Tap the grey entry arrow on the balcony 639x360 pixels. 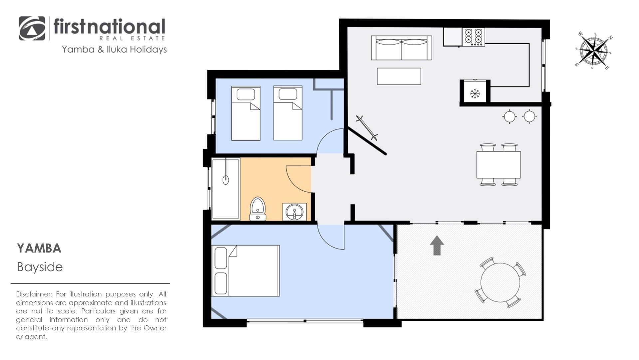pos(437,246)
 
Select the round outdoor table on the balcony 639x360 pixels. pos(500,282)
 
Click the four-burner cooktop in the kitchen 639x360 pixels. pos(473,37)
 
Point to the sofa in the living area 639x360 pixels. pos(401,48)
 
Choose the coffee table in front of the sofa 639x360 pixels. pos(399,76)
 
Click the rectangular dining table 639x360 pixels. pos(498,165)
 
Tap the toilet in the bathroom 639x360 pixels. pos(258,209)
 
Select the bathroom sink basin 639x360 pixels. pos(295,212)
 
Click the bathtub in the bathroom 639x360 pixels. pos(226,189)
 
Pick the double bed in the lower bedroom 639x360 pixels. pos(245,270)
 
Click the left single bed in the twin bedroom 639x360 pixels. pos(246,113)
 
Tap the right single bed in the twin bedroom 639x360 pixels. pos(288,113)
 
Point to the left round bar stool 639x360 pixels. pos(509,116)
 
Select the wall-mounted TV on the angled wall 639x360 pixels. pos(367,128)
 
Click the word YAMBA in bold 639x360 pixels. pos(39,249)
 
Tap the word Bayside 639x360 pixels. pos(40,267)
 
